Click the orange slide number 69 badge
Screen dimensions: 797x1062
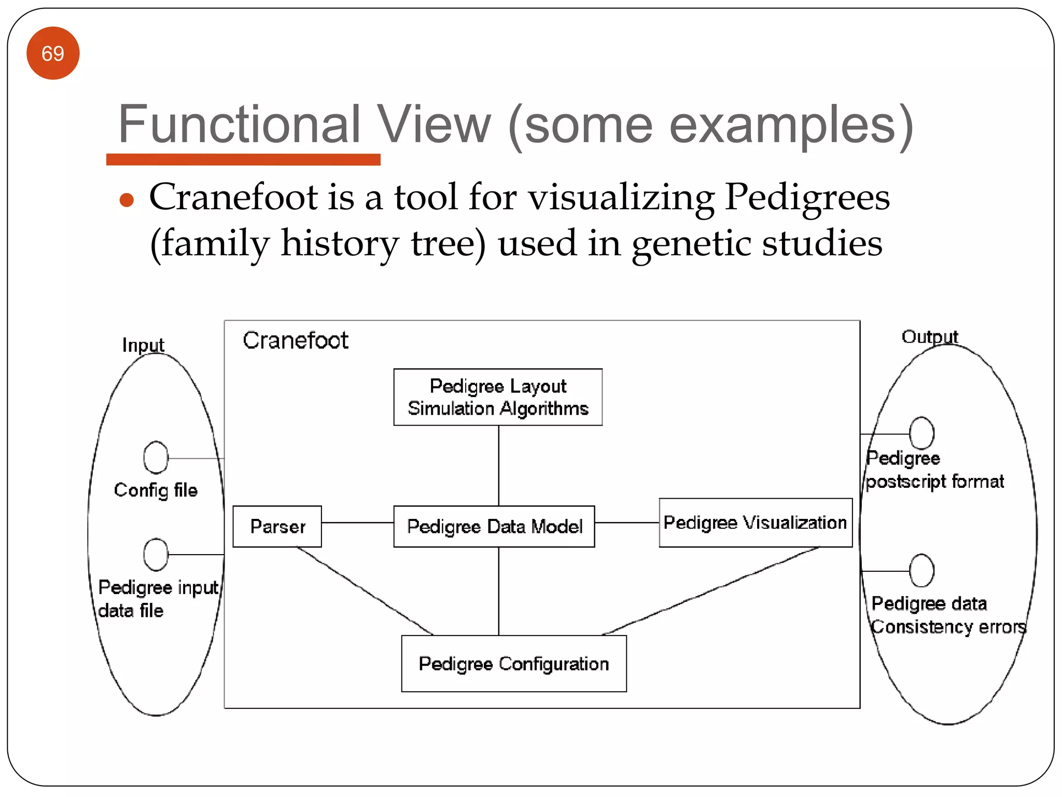[x=53, y=53]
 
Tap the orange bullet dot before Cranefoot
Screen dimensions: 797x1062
[x=127, y=200]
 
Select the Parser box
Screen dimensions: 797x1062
[x=277, y=526]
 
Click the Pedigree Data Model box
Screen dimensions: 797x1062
[x=494, y=526]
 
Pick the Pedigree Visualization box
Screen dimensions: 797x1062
[x=755, y=523]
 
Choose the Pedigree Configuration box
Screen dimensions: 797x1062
[x=514, y=664]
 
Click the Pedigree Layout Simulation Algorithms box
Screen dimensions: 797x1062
[x=498, y=397]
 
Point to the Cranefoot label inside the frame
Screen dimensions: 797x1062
[x=296, y=341]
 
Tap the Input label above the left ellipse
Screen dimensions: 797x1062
[x=143, y=345]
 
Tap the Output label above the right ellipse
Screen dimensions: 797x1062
[x=930, y=337]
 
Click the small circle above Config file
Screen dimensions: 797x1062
[x=156, y=458]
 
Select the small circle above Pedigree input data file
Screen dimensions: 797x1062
[x=156, y=554]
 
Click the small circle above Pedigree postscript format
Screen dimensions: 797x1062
[x=921, y=433]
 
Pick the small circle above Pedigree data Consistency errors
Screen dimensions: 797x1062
[x=921, y=570]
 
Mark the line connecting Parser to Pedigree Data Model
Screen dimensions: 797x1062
[x=357, y=523]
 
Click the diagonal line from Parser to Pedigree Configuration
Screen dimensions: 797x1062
[x=365, y=591]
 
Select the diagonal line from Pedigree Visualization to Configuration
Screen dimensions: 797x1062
[x=710, y=591]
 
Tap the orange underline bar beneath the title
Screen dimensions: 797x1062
[x=243, y=160]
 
